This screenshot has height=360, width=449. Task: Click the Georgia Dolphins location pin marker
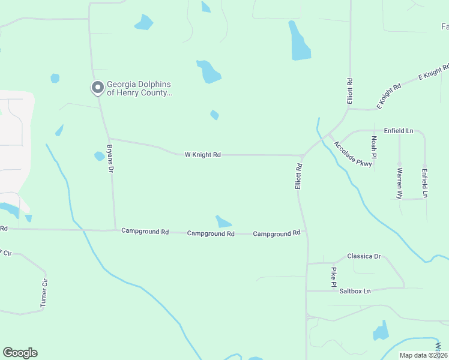pos(97,88)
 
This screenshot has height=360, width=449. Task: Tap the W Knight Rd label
pos(202,155)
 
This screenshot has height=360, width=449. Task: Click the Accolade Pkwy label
pos(353,154)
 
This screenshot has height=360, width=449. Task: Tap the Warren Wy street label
pos(399,183)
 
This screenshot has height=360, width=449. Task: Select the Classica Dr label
pos(364,257)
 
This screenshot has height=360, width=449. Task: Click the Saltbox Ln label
pos(355,291)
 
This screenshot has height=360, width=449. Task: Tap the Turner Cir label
pos(44,293)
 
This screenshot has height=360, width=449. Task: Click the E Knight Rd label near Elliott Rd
pos(388,96)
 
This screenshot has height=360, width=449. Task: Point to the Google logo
pos(20,353)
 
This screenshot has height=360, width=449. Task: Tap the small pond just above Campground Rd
pos(223,221)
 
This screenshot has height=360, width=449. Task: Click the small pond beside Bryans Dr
pos(99,156)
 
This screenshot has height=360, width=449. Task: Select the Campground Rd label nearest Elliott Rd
pos(276,233)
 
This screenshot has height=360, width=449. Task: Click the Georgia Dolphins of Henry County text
pos(139,88)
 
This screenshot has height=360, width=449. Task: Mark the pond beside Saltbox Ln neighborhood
pos(381,332)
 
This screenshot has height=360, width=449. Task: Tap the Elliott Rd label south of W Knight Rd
pos(298,176)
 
